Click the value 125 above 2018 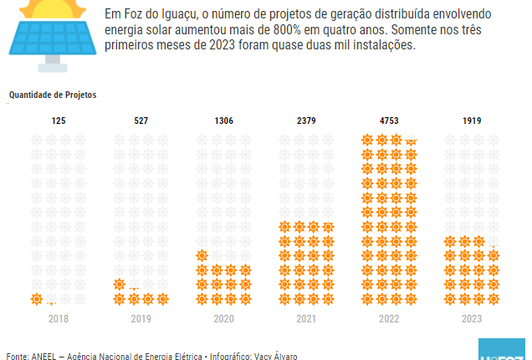click(58, 121)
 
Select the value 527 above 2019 click(141, 121)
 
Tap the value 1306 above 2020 click(223, 121)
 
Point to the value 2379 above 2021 click(306, 121)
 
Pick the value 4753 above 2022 click(389, 121)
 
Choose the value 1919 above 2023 click(472, 121)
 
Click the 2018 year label click(58, 319)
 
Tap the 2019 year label click(141, 319)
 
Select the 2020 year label click(223, 319)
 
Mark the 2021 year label click(306, 319)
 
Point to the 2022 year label click(389, 319)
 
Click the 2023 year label click(472, 319)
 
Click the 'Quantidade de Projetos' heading click(53, 95)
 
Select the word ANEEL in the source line click(44, 356)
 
